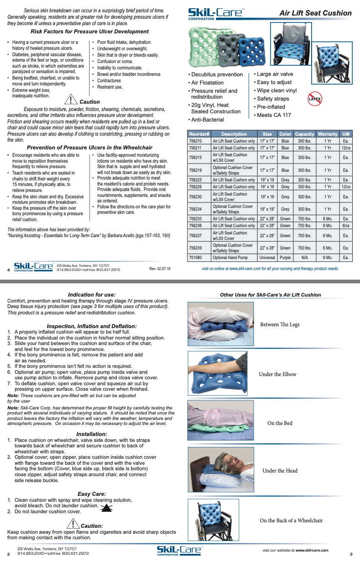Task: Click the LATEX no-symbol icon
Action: (x=315, y=99)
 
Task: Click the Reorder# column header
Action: (x=199, y=134)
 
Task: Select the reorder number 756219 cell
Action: (x=195, y=170)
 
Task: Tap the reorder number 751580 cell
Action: (x=195, y=257)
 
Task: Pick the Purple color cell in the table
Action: (x=285, y=257)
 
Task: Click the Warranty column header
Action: (x=328, y=134)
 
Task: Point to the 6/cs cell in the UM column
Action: (x=346, y=225)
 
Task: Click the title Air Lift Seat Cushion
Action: (x=315, y=13)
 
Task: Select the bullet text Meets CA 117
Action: (x=274, y=115)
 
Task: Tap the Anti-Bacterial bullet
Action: (x=207, y=120)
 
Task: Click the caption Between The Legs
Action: (x=280, y=324)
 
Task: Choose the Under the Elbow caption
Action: (x=277, y=374)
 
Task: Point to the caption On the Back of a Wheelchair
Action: (x=291, y=521)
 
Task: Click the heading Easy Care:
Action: (x=92, y=494)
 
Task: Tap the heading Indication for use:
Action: (x=91, y=295)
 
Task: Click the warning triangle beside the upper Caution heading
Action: (x=71, y=99)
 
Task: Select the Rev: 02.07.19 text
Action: (x=160, y=269)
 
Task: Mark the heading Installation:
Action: (x=92, y=434)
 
